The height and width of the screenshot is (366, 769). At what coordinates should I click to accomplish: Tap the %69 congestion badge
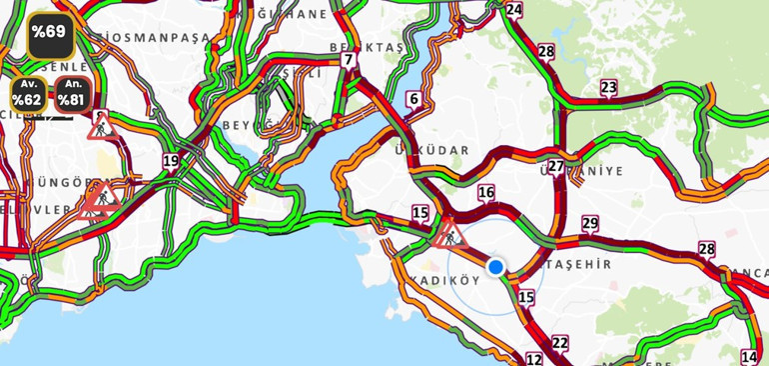click(x=49, y=33)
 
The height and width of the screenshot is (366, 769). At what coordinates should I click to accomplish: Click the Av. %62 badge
click(x=28, y=93)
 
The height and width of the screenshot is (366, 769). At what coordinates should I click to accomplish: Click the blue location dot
click(x=495, y=267)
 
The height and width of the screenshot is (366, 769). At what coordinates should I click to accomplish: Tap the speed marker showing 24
click(x=513, y=10)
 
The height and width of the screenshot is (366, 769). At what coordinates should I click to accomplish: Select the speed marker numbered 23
click(x=608, y=88)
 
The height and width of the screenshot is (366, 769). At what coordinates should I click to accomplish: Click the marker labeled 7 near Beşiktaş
click(x=348, y=60)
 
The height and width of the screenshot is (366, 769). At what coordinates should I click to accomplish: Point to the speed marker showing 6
click(x=413, y=99)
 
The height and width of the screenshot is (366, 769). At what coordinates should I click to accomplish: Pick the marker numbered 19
click(x=171, y=161)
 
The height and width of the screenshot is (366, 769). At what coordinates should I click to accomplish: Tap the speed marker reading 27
click(x=556, y=167)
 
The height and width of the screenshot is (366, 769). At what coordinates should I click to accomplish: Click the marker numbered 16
click(x=486, y=193)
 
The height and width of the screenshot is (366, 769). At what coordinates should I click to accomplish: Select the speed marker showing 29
click(x=590, y=224)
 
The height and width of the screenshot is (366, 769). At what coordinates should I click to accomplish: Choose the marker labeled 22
click(x=560, y=344)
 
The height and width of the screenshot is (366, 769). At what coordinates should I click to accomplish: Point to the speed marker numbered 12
click(x=534, y=359)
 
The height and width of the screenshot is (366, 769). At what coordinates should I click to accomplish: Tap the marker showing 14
click(x=749, y=357)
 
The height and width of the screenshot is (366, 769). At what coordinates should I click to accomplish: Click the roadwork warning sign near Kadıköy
click(x=449, y=236)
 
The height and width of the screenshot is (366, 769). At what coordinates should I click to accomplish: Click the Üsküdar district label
click(x=431, y=150)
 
